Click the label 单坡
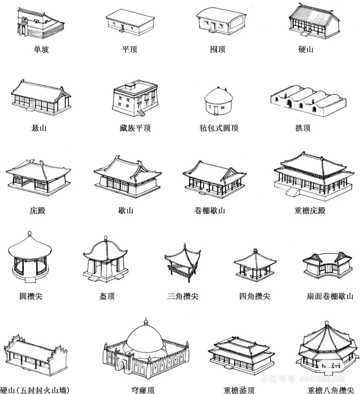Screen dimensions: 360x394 [x=41, y=49]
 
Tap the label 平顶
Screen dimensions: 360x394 [x=129, y=49]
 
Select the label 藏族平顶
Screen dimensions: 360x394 [x=135, y=128]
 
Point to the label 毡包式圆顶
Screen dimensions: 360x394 [x=219, y=128]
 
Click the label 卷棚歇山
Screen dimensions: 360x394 [x=210, y=210]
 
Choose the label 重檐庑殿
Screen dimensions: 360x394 [x=310, y=210]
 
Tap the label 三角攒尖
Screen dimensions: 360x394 [x=183, y=296]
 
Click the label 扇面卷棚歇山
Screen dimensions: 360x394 [x=330, y=296]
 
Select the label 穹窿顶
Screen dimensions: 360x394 [x=143, y=390]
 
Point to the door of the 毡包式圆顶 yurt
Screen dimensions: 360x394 [x=216, y=110]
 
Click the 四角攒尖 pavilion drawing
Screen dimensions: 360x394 [x=255, y=264]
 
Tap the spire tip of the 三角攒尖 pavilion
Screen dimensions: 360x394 [x=185, y=244]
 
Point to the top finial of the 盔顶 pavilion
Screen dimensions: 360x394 [x=106, y=238]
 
